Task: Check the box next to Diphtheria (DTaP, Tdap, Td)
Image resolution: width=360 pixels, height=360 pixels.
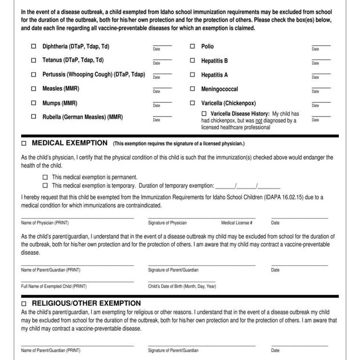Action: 34,46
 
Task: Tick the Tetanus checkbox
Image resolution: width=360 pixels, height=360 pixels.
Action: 34,60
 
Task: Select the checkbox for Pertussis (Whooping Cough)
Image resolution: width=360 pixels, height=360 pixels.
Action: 34,74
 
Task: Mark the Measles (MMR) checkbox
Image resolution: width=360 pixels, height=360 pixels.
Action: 34,89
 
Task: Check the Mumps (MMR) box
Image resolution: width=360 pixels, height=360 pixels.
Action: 34,103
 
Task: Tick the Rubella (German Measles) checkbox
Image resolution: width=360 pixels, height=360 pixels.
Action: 34,117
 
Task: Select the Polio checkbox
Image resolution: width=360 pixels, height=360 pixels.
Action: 193,46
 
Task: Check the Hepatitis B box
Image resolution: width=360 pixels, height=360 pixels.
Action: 193,60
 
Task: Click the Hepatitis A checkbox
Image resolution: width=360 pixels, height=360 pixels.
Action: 193,74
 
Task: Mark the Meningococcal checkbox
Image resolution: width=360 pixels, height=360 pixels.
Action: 193,89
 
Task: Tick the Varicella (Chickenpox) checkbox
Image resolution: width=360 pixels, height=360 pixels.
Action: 193,103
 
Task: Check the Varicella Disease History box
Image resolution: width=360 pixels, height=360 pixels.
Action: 205,114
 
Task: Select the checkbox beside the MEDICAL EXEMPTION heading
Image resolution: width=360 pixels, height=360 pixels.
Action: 24,143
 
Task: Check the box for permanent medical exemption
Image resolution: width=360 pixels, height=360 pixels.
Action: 45,177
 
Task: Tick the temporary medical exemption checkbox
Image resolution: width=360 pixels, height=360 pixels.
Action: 45,185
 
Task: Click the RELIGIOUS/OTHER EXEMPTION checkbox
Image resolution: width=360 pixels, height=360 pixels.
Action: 24,303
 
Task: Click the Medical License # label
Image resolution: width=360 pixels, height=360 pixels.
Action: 237,223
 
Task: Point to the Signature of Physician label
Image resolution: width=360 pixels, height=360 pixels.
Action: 167,223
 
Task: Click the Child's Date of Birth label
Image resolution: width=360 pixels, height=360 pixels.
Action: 182,286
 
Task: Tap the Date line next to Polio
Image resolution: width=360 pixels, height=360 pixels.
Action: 321,45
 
